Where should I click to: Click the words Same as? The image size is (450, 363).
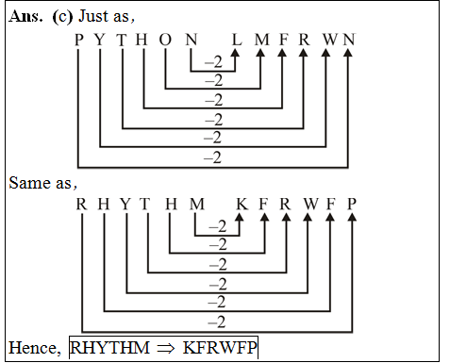click(x=43, y=181)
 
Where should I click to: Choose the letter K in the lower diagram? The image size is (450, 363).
click(x=242, y=204)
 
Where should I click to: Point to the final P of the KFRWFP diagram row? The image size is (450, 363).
click(x=352, y=204)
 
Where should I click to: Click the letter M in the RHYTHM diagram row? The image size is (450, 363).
click(x=195, y=204)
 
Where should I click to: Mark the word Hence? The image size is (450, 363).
click(x=35, y=347)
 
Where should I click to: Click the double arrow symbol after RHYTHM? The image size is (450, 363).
click(x=166, y=347)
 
